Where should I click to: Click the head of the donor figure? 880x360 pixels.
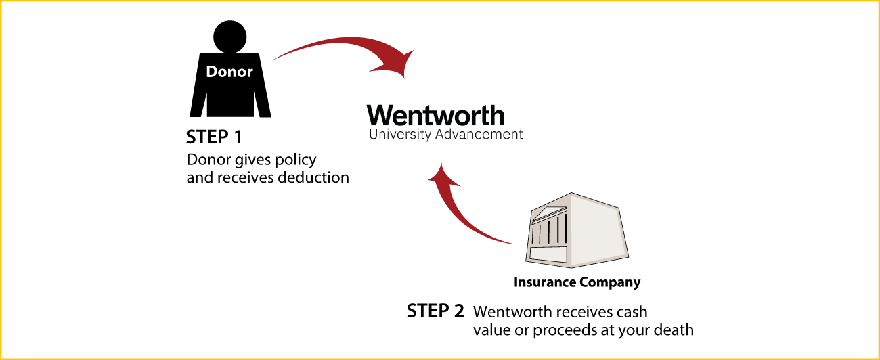click(x=230, y=37)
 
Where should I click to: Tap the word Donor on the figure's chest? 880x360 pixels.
click(x=229, y=72)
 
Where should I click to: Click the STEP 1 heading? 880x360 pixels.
click(x=214, y=137)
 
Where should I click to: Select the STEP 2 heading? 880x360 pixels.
click(x=435, y=311)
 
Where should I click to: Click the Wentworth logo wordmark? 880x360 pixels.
click(x=436, y=116)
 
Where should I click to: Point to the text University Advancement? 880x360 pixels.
click(x=446, y=134)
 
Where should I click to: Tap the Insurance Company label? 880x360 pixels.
click(x=577, y=282)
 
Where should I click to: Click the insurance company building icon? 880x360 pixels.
click(x=577, y=230)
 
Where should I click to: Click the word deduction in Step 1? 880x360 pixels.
click(x=313, y=177)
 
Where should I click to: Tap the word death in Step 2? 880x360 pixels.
click(x=674, y=330)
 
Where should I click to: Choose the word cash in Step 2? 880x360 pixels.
click(x=632, y=312)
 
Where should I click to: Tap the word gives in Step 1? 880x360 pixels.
click(x=252, y=160)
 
